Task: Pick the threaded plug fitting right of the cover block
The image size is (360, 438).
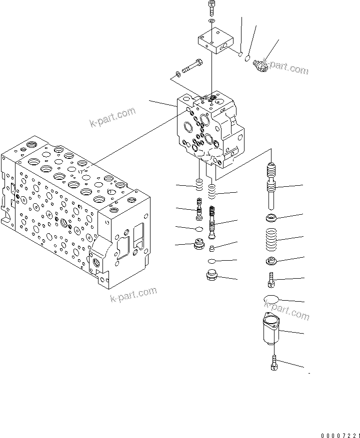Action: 260,64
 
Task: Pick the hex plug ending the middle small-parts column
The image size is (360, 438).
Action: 212,275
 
